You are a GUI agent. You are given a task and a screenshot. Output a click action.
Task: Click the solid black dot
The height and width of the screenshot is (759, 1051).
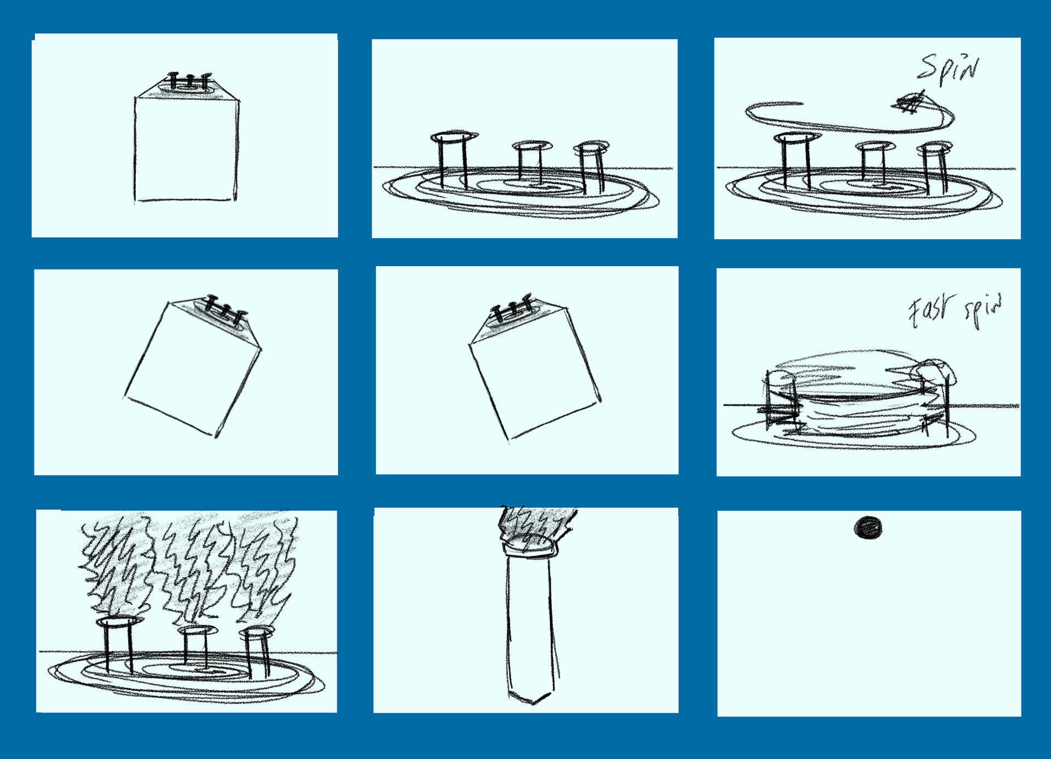pyautogui.click(x=868, y=528)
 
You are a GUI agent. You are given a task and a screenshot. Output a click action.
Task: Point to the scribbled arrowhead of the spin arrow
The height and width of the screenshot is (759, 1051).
pyautogui.click(x=910, y=103)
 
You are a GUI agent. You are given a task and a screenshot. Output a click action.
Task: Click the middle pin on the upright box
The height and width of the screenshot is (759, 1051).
pyautogui.click(x=189, y=81)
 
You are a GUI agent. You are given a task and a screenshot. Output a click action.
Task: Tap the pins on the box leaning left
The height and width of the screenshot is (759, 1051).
pyautogui.click(x=511, y=309)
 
